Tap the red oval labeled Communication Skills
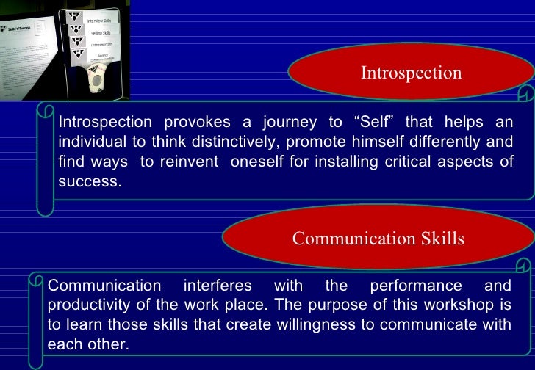tap(378, 239)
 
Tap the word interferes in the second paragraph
tap(218, 286)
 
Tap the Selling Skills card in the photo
tap(100, 33)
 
